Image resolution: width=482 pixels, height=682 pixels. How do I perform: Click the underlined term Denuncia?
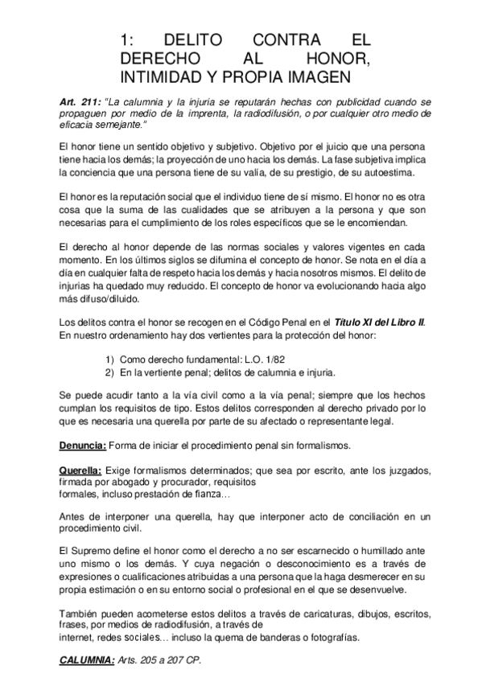pyautogui.click(x=84, y=445)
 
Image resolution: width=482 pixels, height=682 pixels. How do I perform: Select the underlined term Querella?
pyautogui.click(x=80, y=469)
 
